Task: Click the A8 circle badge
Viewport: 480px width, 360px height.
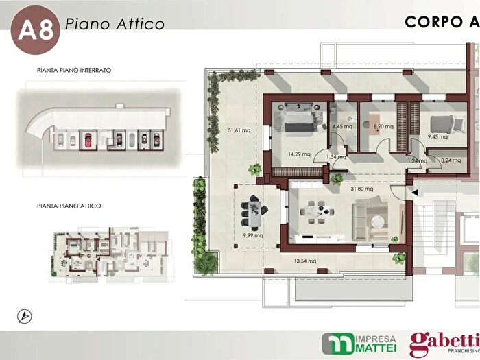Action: pyautogui.click(x=35, y=29)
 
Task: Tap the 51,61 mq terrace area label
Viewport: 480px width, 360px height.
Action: pyautogui.click(x=239, y=130)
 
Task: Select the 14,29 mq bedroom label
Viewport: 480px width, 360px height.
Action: pyautogui.click(x=299, y=154)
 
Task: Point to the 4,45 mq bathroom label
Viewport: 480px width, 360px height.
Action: pyautogui.click(x=342, y=126)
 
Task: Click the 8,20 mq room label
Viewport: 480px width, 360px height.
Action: pyautogui.click(x=383, y=126)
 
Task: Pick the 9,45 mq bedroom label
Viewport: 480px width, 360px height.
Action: pyautogui.click(x=437, y=136)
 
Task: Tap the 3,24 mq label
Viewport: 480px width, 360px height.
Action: pyautogui.click(x=451, y=160)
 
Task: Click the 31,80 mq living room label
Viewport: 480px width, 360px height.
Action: pyautogui.click(x=362, y=189)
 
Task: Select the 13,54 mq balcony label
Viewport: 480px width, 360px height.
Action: pyautogui.click(x=305, y=261)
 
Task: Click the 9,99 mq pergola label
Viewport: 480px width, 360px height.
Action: pyautogui.click(x=253, y=235)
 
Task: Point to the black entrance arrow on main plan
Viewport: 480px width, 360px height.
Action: pyautogui.click(x=415, y=193)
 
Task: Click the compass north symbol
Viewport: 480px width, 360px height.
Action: pyautogui.click(x=25, y=317)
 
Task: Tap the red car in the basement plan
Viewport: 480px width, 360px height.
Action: pyautogui.click(x=88, y=140)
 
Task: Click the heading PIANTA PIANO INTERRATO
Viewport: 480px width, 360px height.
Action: pyautogui.click(x=74, y=70)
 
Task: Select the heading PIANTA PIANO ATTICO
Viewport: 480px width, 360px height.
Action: pyautogui.click(x=69, y=206)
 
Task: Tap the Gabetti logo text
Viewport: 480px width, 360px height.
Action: pyautogui.click(x=444, y=341)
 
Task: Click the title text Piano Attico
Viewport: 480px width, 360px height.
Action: pyautogui.click(x=115, y=24)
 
